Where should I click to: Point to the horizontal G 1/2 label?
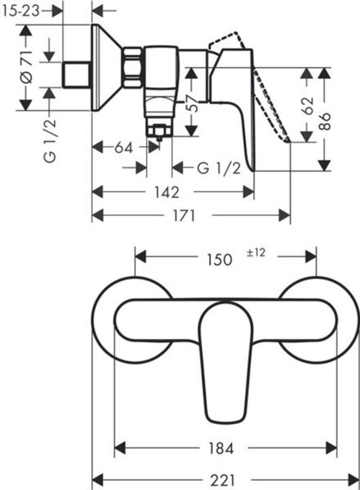[219, 168]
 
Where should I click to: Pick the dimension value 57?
[193, 103]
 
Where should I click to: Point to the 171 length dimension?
[184, 216]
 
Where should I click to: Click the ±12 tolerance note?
[255, 253]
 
